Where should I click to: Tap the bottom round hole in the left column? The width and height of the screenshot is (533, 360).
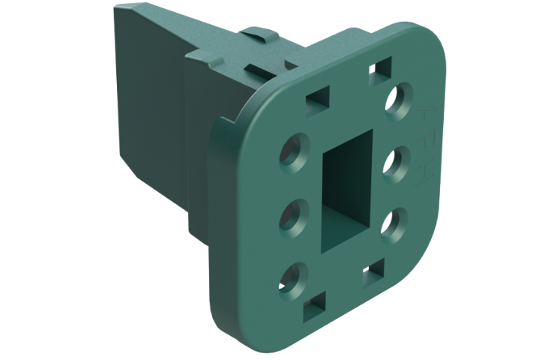[292, 277]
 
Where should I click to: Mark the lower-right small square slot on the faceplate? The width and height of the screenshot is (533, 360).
[373, 276]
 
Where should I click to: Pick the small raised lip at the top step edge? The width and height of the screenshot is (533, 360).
[202, 55]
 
